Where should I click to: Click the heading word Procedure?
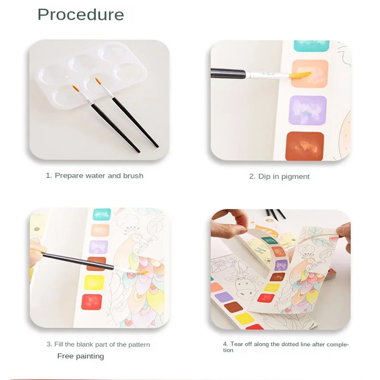coord(81,15)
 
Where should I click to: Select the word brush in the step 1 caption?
coord(133,176)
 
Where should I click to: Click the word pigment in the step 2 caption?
coord(295,177)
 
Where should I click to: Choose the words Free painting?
coord(81,356)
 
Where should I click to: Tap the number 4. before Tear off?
coord(226,344)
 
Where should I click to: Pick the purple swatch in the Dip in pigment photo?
coord(307,110)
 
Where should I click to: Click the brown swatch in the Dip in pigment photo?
coord(305,146)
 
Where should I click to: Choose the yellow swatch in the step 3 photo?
coord(94,283)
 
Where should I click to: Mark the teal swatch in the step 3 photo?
coord(102,214)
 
